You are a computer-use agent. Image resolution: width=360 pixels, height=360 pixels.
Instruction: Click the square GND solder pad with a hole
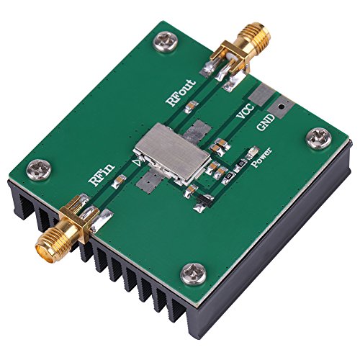pos(282,106)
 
